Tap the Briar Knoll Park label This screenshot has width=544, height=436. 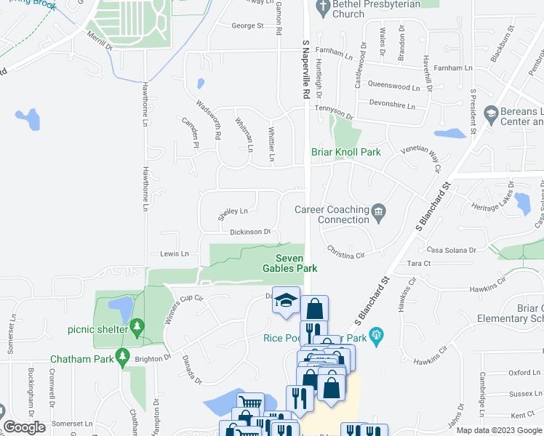[346, 153]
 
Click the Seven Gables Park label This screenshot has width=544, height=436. [296, 263]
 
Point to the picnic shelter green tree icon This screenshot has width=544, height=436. [137, 329]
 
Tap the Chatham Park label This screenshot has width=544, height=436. [82, 359]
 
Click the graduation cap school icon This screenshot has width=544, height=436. [286, 300]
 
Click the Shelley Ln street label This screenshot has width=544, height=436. [233, 212]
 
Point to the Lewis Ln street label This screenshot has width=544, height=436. [175, 254]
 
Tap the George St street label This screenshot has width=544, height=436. [247, 26]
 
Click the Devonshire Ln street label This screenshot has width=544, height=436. [392, 105]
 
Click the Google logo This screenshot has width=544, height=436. [24, 427]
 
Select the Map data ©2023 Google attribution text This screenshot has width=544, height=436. [498, 430]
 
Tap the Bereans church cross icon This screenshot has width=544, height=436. [491, 113]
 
